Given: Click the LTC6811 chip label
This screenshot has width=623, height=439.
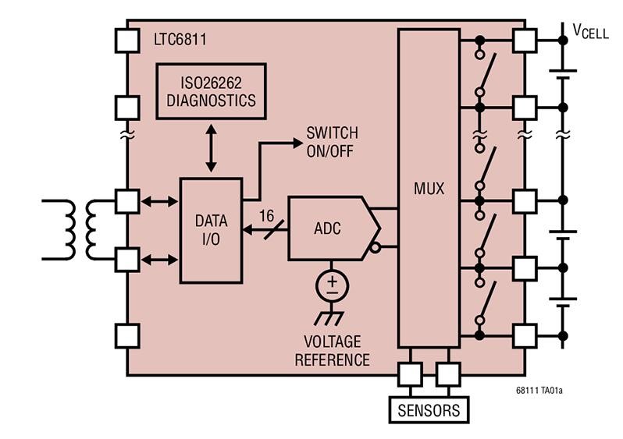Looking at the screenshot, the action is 180,40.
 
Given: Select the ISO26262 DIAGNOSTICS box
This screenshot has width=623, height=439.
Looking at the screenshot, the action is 211,91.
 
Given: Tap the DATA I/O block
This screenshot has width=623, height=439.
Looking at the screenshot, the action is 211,231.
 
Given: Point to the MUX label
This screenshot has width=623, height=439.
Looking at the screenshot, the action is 429,189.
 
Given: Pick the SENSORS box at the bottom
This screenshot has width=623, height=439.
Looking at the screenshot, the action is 429,410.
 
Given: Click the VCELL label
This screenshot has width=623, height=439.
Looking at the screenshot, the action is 590,31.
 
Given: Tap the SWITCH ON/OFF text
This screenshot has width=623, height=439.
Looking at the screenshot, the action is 332,142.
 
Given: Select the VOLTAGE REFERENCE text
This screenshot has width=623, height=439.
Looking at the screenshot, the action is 332,351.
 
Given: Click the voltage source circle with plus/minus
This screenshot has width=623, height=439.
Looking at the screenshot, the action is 332,286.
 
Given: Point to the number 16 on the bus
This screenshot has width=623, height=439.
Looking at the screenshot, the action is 266,216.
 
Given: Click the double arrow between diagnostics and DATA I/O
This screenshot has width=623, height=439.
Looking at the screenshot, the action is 211,148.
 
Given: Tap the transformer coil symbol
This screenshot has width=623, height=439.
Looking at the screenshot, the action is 80,230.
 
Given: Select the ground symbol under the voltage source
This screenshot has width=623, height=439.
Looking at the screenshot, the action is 329,317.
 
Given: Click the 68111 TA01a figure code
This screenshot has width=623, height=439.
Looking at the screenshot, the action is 539,391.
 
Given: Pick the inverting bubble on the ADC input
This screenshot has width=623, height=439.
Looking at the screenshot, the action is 375,248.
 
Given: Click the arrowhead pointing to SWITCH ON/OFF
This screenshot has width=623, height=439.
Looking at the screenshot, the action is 297,143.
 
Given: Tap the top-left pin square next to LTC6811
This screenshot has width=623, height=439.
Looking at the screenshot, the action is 127,41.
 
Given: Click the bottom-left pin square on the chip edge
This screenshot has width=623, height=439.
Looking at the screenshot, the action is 127,336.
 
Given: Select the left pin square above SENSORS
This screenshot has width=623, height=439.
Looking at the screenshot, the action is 410,374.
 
